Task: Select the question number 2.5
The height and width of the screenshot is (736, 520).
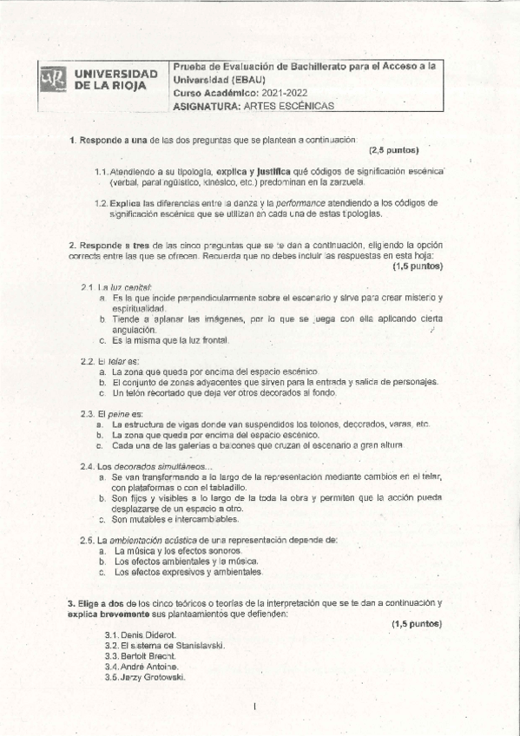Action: pyautogui.click(x=87, y=540)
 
